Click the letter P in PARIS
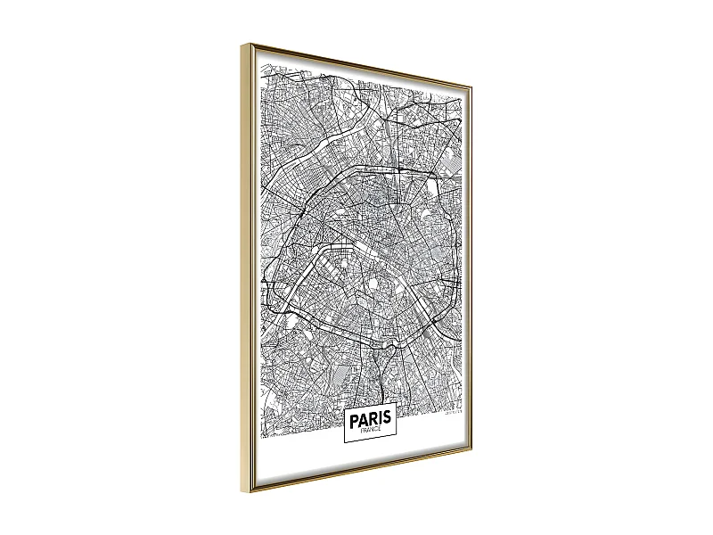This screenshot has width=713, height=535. click(x=354, y=419)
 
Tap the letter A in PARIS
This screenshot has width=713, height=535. click(x=365, y=419)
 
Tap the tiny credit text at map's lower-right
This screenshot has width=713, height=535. click(x=454, y=413)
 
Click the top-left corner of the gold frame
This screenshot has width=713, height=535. click(x=241, y=43)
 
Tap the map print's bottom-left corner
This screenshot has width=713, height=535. click(x=260, y=440)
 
